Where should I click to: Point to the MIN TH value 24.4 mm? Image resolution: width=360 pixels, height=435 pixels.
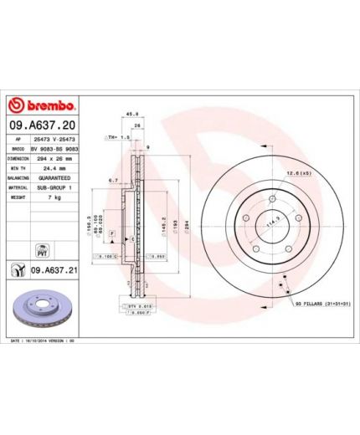point(55,167)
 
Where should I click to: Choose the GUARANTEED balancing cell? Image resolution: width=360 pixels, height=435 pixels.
point(55,178)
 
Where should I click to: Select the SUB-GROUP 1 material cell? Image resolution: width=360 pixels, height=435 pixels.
point(55,189)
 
